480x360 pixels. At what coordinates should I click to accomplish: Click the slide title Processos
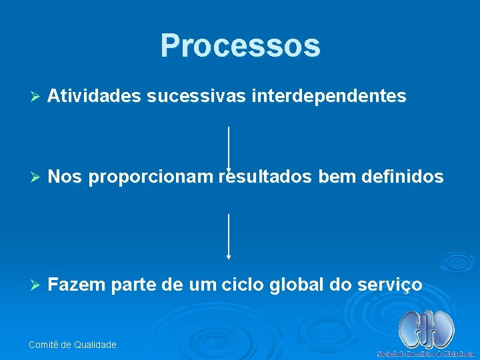[x=240, y=45]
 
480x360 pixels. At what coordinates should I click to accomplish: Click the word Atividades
[x=94, y=97]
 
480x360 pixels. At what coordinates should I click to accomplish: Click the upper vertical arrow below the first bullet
[x=229, y=148]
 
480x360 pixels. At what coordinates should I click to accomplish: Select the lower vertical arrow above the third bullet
[x=229, y=236]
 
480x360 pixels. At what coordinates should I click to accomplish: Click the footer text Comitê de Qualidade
[x=73, y=345]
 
